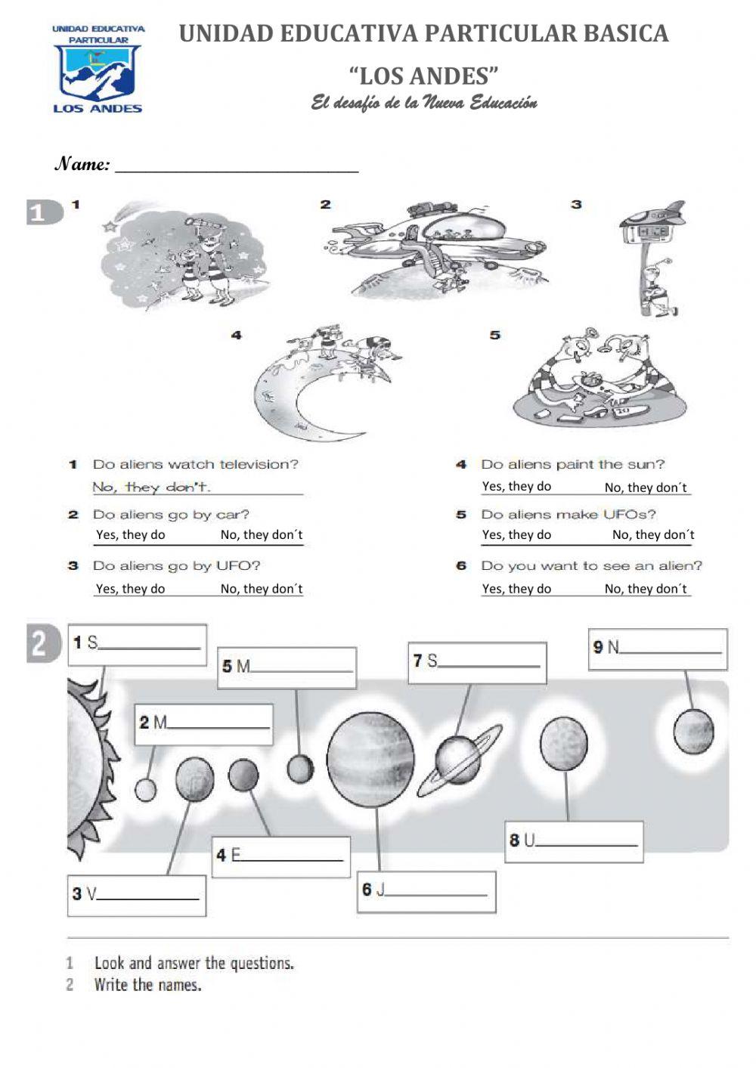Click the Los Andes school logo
(x=98, y=69)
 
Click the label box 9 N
(x=658, y=649)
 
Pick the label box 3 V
(x=137, y=896)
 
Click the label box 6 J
(x=426, y=892)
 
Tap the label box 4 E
(x=281, y=857)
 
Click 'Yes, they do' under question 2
(x=130, y=535)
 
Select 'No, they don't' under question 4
(x=646, y=488)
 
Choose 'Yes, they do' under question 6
(x=516, y=589)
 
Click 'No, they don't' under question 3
(x=262, y=589)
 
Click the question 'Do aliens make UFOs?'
(x=568, y=515)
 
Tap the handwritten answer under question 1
(x=152, y=488)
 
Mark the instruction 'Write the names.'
(x=147, y=985)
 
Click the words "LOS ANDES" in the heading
(x=423, y=76)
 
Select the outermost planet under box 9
(x=693, y=731)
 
